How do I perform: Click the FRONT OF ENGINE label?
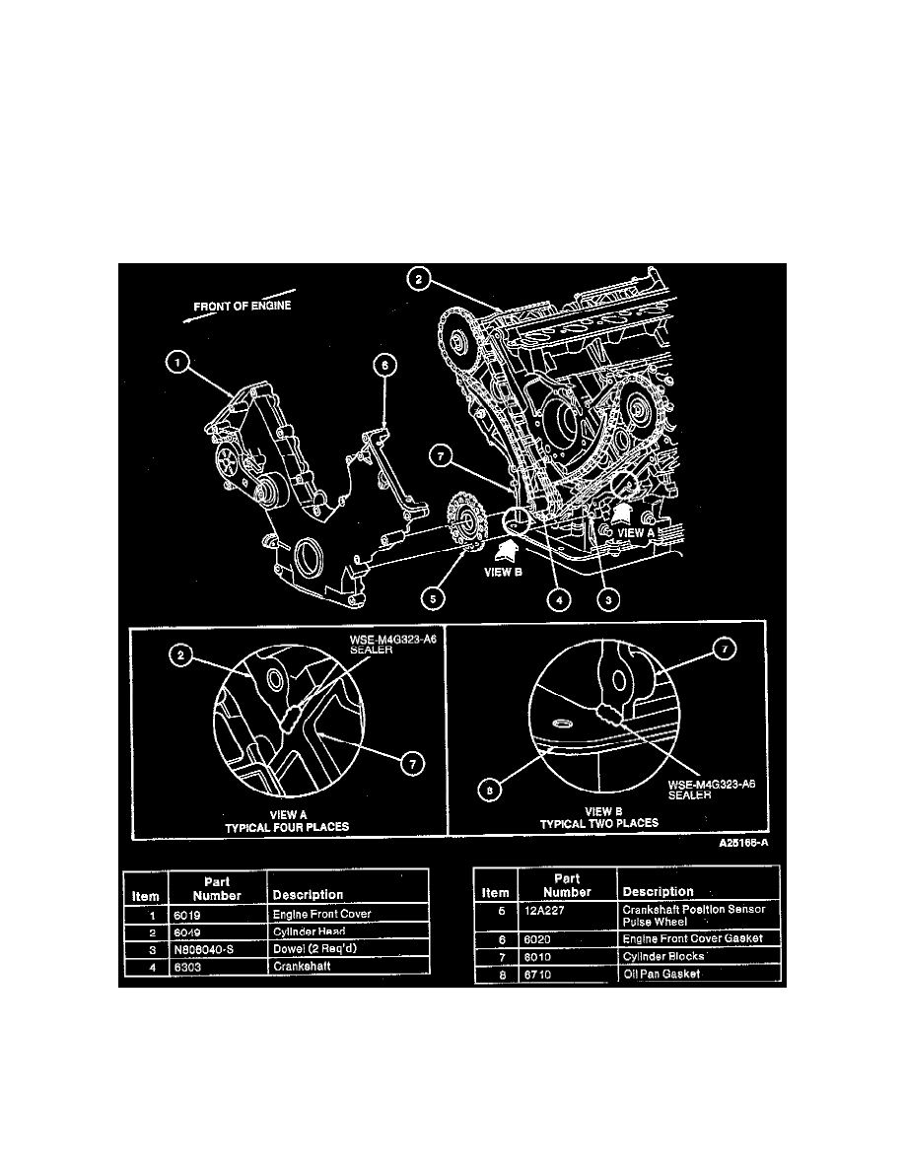(x=242, y=306)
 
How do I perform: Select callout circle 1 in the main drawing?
(x=178, y=365)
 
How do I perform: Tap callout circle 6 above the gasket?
(x=385, y=366)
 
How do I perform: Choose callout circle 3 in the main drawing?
(x=610, y=597)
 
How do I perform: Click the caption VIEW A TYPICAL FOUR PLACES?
(x=287, y=820)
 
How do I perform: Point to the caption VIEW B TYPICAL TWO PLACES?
(x=599, y=817)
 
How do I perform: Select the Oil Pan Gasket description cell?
(x=662, y=974)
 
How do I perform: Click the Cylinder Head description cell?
(x=311, y=930)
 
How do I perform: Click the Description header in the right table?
(x=658, y=891)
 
